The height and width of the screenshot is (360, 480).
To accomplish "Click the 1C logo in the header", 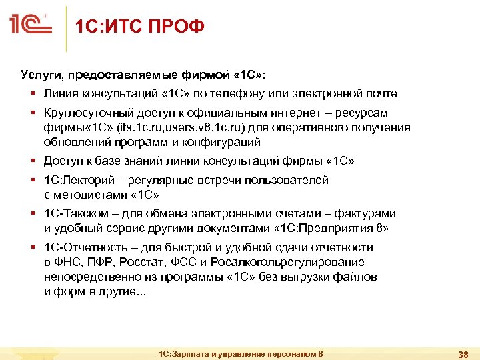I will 31,25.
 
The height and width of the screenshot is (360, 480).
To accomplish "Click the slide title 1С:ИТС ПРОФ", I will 139,27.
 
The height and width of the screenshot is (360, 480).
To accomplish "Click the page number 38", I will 461,353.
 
